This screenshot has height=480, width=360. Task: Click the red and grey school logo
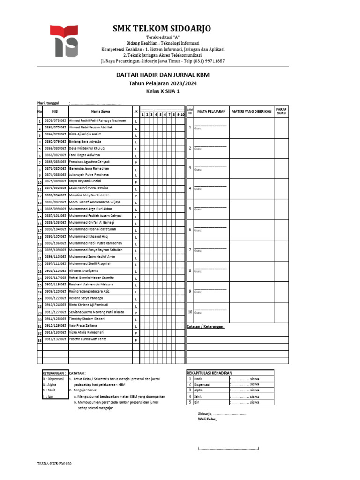tap(67, 41)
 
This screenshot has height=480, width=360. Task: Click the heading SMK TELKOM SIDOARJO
tap(162, 29)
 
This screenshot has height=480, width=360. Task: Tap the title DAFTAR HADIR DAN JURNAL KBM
tap(163, 75)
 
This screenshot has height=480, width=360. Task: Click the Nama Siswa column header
tap(100, 112)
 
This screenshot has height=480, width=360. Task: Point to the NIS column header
tap(55, 112)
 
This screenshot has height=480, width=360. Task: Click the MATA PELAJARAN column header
tap(211, 112)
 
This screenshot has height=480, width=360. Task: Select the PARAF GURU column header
tap(281, 111)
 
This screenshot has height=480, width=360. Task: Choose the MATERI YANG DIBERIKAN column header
tap(252, 112)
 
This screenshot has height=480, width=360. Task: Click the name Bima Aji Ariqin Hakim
tap(85, 134)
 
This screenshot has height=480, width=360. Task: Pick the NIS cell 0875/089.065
tap(55, 180)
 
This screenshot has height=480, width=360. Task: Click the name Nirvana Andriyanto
tap(84, 270)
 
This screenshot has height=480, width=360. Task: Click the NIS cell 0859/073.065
tap(55, 120)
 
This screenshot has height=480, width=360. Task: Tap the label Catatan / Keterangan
tap(205, 326)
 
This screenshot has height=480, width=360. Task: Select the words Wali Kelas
tap(207, 420)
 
